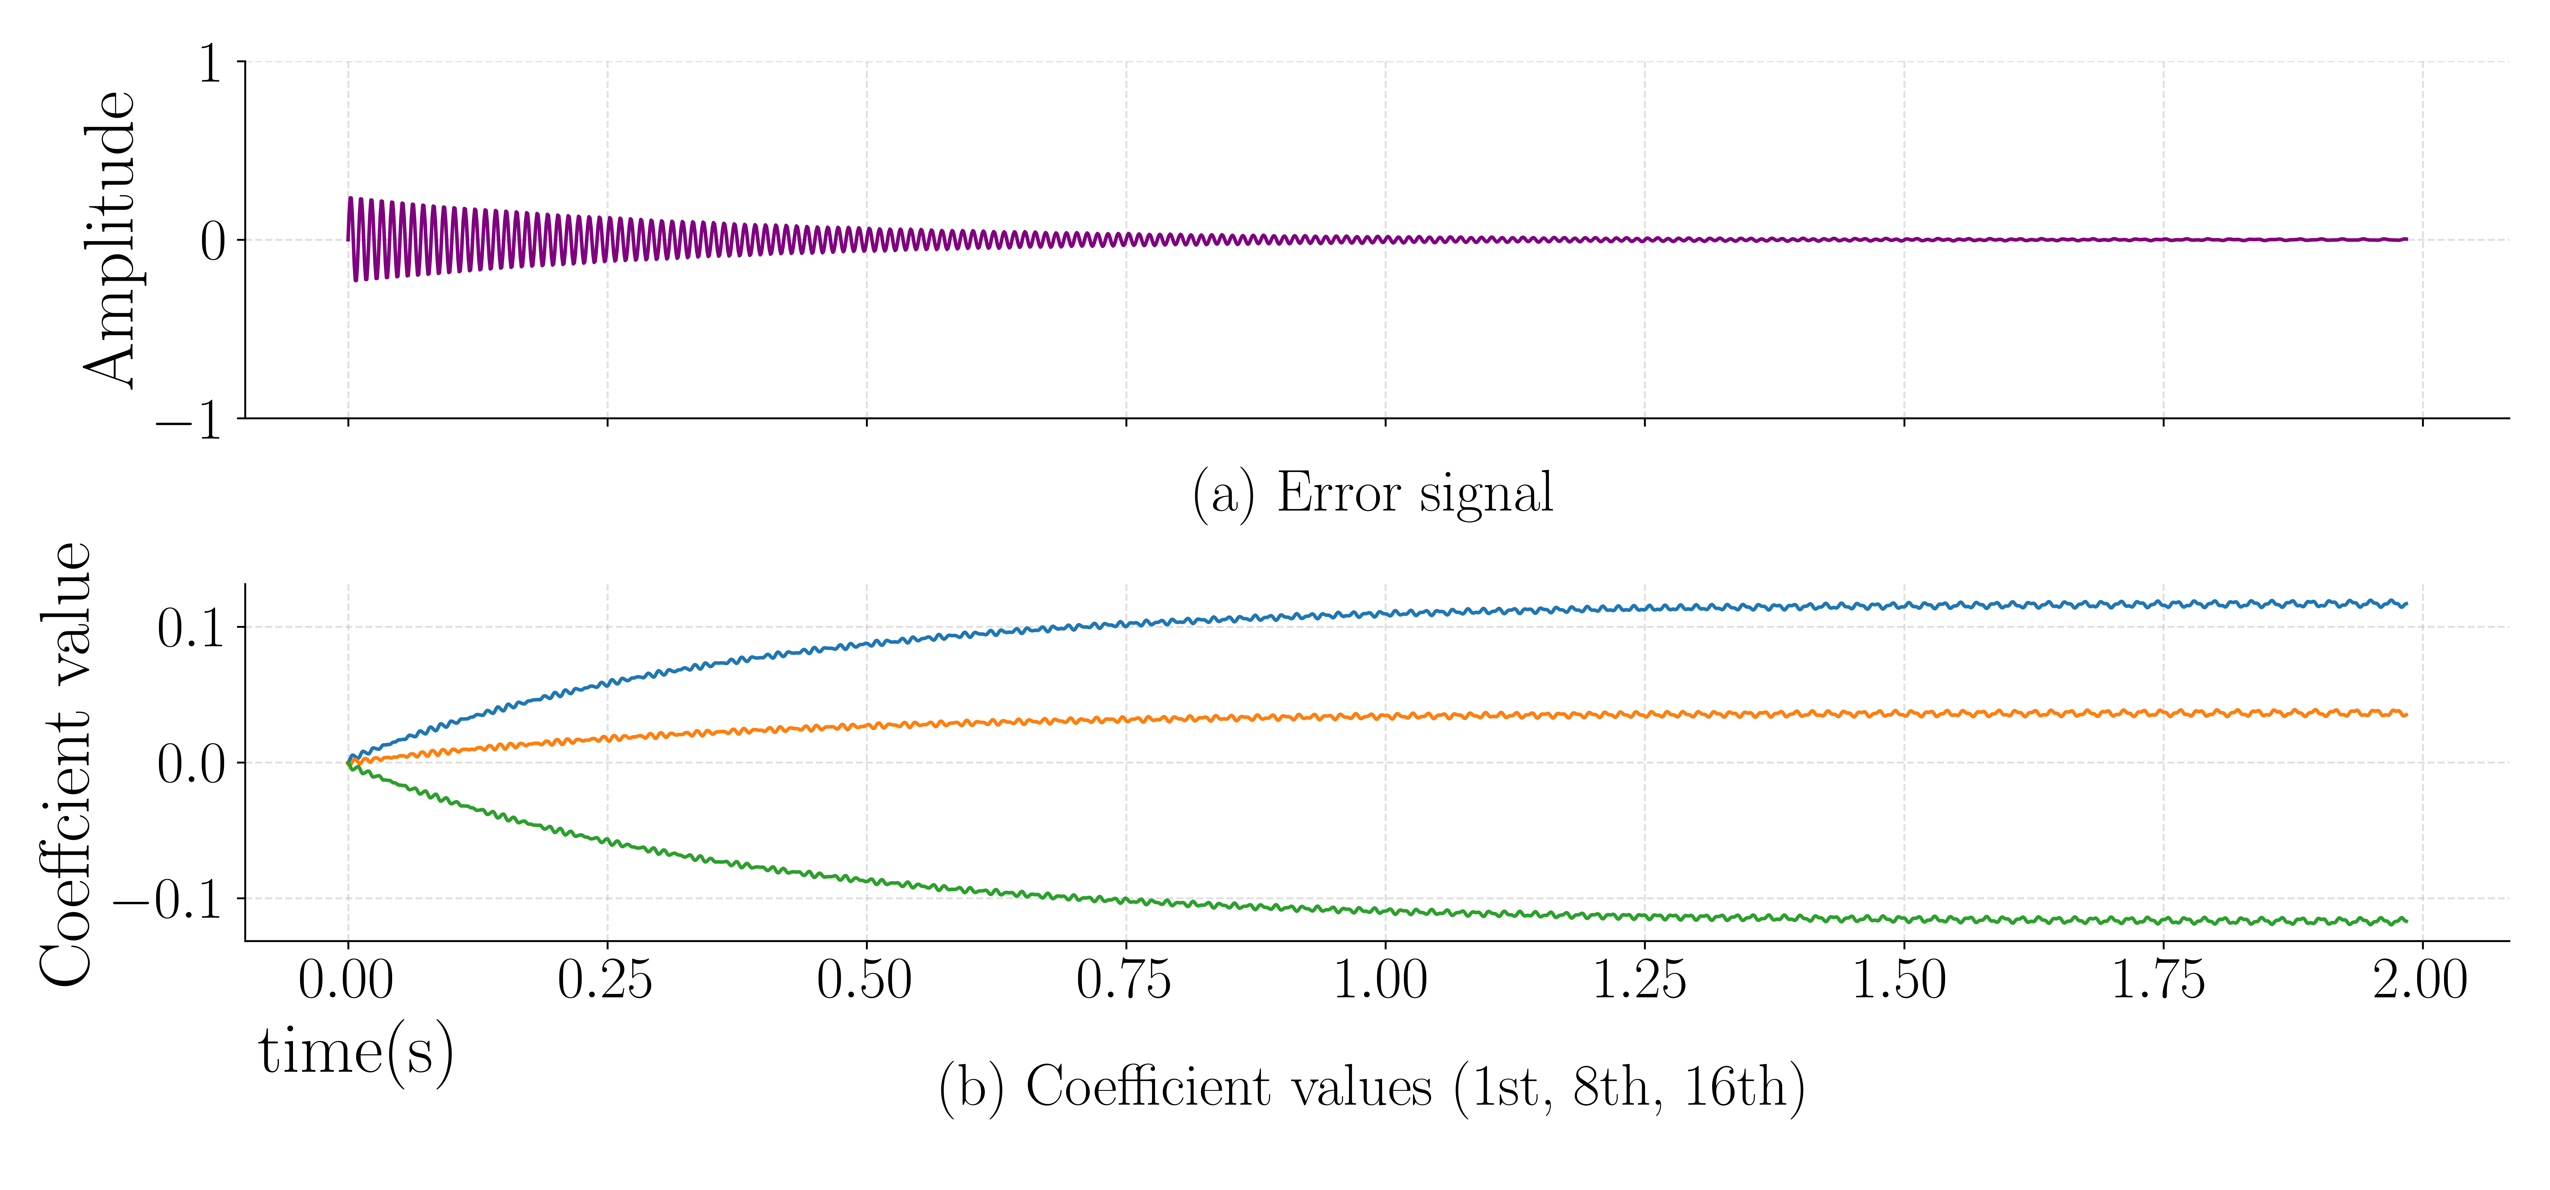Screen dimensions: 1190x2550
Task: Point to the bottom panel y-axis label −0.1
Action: (168, 901)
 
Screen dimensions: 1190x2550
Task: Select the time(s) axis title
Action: (356, 1051)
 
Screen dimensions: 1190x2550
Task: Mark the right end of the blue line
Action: (2405, 604)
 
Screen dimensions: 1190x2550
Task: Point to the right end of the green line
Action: (2405, 921)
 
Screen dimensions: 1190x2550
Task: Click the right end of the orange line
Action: (2405, 714)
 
